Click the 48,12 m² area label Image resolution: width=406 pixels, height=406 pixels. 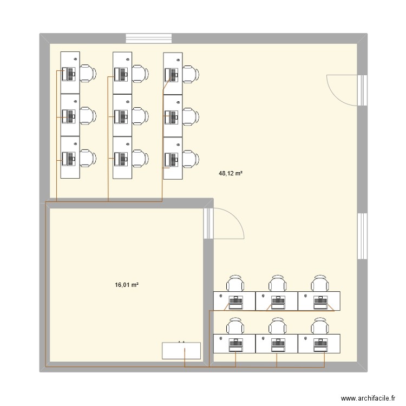coord(230,174)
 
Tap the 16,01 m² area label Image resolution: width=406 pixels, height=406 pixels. coord(127,284)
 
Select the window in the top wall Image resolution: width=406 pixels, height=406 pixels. coord(149,38)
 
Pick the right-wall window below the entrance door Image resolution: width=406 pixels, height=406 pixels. coord(362,236)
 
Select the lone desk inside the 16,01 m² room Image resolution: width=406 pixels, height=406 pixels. coord(181,350)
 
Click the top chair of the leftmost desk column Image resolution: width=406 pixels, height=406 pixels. coord(88,73)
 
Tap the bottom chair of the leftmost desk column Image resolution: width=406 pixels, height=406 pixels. coord(88,158)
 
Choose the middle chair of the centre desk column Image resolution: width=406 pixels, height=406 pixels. coord(140,115)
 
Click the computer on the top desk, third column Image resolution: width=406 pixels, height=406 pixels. coord(173,74)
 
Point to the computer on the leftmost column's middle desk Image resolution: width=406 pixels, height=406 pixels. coord(69,115)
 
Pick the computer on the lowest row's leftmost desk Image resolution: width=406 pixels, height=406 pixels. coord(235,343)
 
